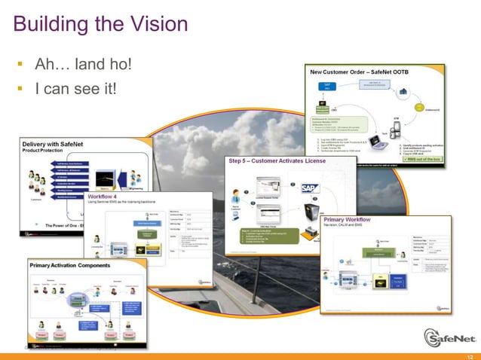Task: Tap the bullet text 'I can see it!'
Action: (x=75, y=89)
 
